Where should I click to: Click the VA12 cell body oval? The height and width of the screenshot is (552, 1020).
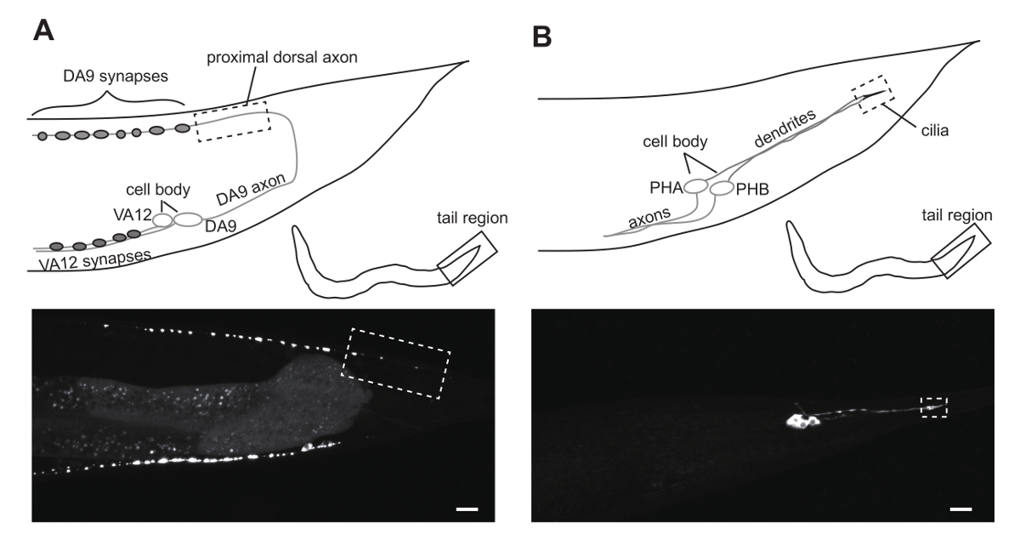[162, 220]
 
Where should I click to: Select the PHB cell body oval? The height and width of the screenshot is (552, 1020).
[722, 188]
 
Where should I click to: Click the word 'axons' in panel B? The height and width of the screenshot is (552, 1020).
[649, 220]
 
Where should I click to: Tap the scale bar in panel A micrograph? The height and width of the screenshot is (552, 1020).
[467, 509]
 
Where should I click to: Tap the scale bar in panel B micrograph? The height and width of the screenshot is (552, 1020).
[960, 509]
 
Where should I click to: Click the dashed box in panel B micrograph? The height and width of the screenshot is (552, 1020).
[933, 407]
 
